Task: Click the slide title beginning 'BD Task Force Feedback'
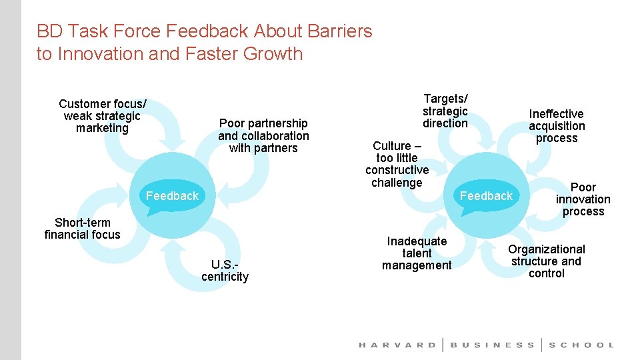pos(204,42)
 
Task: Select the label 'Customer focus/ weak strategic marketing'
pos(103,116)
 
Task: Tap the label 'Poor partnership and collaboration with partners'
pos(263,135)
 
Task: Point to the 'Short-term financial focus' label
pos(82,228)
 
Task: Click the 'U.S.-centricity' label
pos(225,270)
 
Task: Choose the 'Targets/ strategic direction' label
pos(445,111)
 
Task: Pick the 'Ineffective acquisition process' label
pos(557,126)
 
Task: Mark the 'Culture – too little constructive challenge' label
pos(397,164)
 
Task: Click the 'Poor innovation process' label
pos(583,199)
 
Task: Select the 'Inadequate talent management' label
pos(417,253)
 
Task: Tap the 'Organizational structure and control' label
pos(546,261)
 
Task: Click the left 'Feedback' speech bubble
pos(172,195)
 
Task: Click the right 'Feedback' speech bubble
pos(486,195)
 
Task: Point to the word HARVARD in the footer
pos(397,345)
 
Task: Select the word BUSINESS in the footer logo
pos(493,345)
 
